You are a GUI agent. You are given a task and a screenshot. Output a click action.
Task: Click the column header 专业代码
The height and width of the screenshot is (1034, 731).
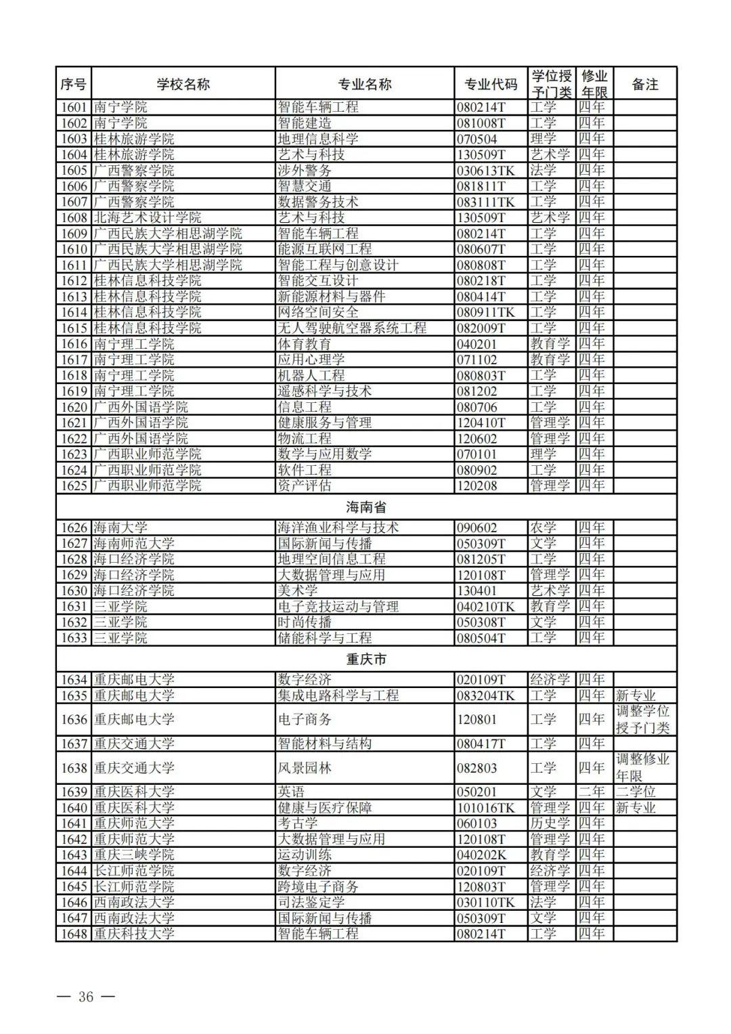click(x=491, y=84)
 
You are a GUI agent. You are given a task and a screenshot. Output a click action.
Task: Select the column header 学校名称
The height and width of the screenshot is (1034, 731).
click(x=183, y=84)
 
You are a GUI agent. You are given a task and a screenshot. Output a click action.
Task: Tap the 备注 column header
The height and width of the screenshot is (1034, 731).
click(x=644, y=84)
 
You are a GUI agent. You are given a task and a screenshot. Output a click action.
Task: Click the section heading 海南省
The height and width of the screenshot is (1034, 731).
click(x=365, y=507)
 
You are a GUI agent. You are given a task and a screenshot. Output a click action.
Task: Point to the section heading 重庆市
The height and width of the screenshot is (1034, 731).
click(x=365, y=659)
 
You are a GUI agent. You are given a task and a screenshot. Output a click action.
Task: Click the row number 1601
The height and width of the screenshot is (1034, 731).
click(x=74, y=107)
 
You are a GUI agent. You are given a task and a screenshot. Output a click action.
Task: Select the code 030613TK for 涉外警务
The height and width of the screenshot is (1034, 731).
click(x=485, y=171)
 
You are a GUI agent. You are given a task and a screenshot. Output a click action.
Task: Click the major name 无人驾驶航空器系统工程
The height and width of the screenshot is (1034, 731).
click(x=352, y=328)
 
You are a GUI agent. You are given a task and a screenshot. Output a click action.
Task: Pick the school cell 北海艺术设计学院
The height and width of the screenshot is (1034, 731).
click(x=147, y=218)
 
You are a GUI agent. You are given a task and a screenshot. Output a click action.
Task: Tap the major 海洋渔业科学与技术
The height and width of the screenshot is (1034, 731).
click(x=338, y=527)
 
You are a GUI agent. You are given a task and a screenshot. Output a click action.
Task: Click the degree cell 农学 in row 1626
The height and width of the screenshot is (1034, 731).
click(x=543, y=527)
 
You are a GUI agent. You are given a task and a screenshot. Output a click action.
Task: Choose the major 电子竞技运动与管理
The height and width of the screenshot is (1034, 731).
click(x=338, y=607)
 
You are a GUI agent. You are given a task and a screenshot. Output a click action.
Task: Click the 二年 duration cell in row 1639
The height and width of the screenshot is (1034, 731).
click(x=592, y=792)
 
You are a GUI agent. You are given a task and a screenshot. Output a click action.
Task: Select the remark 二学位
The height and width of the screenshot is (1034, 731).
click(x=636, y=792)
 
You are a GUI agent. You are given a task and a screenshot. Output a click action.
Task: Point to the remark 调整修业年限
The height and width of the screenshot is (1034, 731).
click(x=642, y=768)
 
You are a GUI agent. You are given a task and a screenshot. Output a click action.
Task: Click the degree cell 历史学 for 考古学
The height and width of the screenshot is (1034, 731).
click(x=550, y=823)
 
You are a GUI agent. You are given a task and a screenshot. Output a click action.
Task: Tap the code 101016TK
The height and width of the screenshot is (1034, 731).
click(x=485, y=808)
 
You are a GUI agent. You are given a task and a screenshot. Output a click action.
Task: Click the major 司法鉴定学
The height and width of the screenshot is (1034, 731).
click(x=311, y=903)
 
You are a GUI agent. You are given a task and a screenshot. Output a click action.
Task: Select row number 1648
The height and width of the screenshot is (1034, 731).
click(x=74, y=934)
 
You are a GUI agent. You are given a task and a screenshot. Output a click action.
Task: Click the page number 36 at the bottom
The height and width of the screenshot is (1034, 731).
click(x=86, y=997)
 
